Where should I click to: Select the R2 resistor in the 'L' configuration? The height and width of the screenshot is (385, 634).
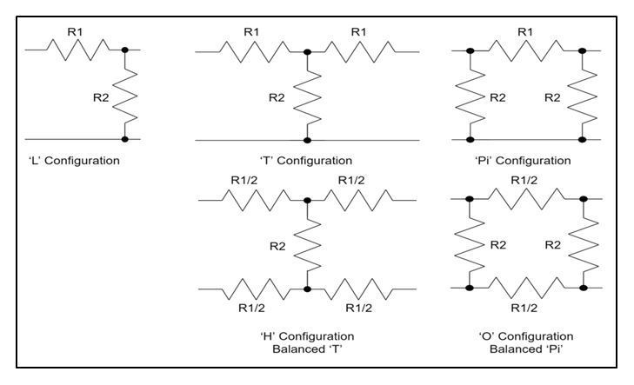click(x=125, y=95)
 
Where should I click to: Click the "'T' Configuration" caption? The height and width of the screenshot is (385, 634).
click(x=307, y=161)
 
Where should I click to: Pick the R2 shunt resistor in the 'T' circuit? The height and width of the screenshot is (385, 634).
click(x=307, y=96)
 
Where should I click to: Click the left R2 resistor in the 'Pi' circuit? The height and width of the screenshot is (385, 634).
click(x=470, y=96)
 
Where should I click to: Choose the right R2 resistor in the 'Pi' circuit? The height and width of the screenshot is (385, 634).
click(x=583, y=96)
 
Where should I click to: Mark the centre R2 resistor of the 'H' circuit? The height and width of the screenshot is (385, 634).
click(x=307, y=245)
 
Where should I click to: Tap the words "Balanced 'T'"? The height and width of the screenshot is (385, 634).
click(x=307, y=348)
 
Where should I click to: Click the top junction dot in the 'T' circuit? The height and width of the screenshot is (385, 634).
click(x=307, y=51)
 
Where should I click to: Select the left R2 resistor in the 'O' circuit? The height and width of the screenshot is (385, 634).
click(x=470, y=244)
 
